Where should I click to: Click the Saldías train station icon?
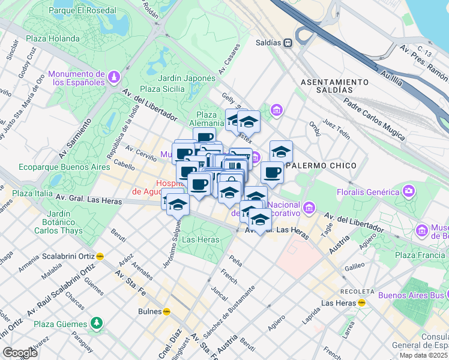pyautogui.click(x=289, y=43)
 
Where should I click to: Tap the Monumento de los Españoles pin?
pyautogui.click(x=114, y=77)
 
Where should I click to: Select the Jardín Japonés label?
pyautogui.click(x=186, y=78)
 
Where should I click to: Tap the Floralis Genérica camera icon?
pyautogui.click(x=409, y=191)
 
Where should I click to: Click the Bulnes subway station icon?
pyautogui.click(x=167, y=311)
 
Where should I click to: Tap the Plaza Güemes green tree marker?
pyautogui.click(x=97, y=323)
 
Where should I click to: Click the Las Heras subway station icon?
pyautogui.click(x=362, y=302)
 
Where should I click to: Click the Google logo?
pyautogui.click(x=20, y=352)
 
